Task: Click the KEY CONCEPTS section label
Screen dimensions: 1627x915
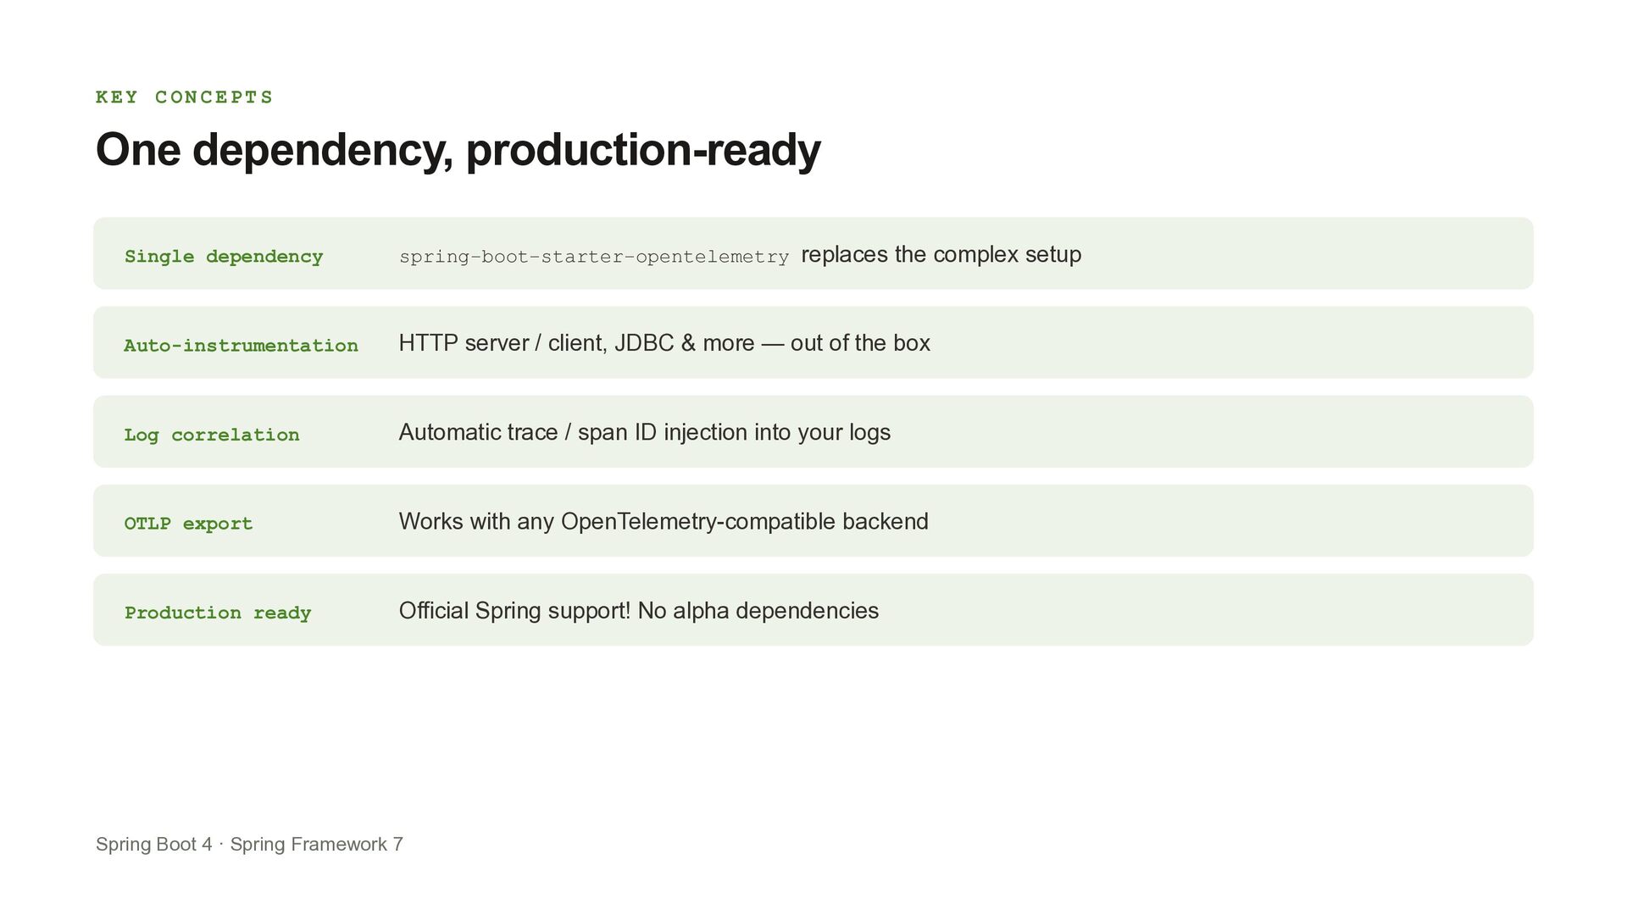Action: pos(184,97)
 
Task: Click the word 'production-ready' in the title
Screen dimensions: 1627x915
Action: pos(643,150)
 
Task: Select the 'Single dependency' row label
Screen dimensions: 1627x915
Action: pos(224,257)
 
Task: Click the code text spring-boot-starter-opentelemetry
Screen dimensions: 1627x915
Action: pos(594,257)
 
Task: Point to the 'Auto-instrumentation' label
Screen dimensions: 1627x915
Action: pos(241,346)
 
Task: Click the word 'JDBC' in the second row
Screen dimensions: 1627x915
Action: pos(644,343)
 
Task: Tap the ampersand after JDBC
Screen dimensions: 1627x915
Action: pos(688,343)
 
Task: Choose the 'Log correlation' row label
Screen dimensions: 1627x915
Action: pos(212,435)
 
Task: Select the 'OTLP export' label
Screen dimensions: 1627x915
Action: pos(188,524)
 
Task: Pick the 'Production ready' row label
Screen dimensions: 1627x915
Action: pos(218,613)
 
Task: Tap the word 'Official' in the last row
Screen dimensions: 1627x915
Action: pos(434,611)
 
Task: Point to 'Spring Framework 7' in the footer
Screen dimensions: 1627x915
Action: pos(317,845)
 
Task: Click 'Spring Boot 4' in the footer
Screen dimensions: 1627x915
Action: pos(154,845)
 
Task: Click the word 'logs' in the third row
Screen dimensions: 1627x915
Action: pos(869,433)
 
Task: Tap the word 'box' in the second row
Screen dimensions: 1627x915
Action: pos(912,343)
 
